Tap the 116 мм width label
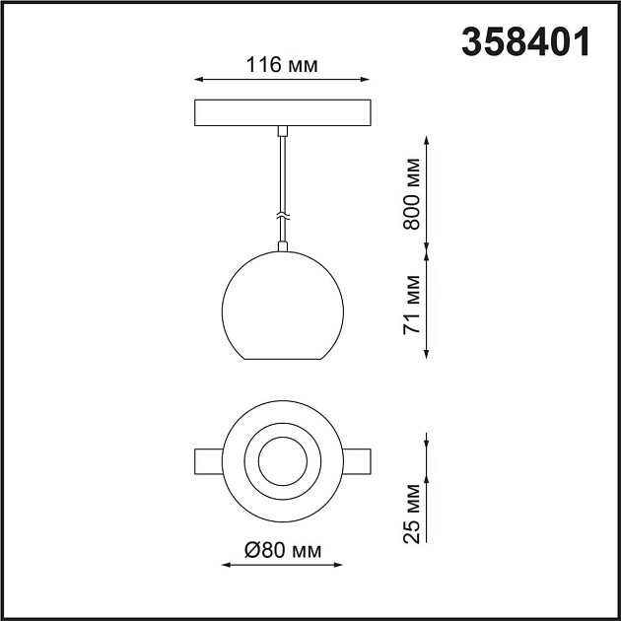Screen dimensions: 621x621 click(x=282, y=66)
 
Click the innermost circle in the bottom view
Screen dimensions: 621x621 click(x=283, y=460)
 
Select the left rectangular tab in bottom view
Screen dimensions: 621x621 click(x=209, y=460)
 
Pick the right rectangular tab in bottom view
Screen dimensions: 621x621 click(x=357, y=460)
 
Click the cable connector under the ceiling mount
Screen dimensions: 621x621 click(x=283, y=130)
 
